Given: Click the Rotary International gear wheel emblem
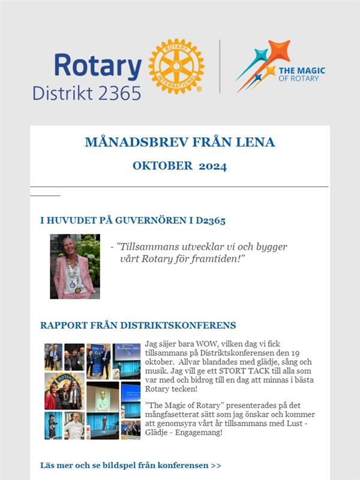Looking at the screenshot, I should coord(176,66).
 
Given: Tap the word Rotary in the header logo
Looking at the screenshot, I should coord(98,65).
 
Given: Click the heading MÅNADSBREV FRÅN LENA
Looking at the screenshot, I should coord(180,142).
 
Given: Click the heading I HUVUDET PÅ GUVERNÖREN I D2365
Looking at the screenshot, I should coord(133,221).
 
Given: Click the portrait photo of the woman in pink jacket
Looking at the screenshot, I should coord(75,266).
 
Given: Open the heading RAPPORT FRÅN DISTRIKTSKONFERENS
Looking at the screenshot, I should coord(138,325).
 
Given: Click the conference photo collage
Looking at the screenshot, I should coord(92,391).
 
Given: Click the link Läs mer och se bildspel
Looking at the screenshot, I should coord(130,465).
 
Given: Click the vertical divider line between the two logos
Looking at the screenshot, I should coord(220,66).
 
